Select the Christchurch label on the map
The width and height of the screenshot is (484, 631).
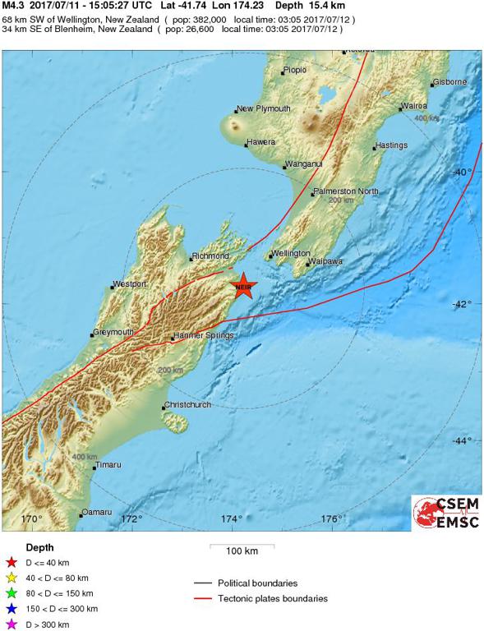pos(188,405)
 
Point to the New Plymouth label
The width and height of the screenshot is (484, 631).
pos(263,108)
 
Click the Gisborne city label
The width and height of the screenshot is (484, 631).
pos(449,82)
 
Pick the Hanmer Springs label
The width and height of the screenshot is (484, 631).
pos(203,335)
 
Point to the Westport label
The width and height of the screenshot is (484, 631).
pos(130,284)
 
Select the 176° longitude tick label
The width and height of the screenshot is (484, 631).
pos(332,518)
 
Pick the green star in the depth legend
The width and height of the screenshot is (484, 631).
pos(12,592)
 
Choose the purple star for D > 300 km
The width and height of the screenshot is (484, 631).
pos(12,624)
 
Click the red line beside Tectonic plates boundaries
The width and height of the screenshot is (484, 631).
pos(202,598)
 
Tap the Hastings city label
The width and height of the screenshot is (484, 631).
pos(391,145)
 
